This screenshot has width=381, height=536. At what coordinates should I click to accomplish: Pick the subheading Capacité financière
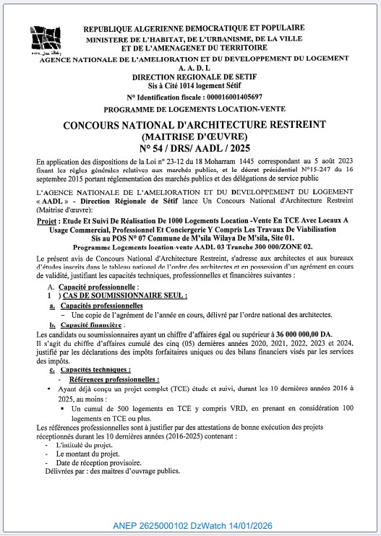(x=90, y=326)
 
